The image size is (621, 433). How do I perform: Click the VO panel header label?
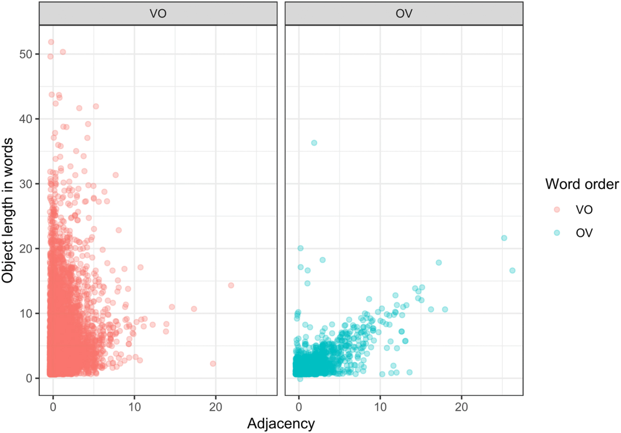(158, 14)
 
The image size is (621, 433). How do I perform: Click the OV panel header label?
(404, 14)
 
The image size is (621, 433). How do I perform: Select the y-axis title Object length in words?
(8, 210)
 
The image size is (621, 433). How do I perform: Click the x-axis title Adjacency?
(281, 424)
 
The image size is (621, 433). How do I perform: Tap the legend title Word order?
(582, 184)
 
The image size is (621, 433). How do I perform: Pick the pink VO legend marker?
(556, 209)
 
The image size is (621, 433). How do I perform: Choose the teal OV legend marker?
(556, 233)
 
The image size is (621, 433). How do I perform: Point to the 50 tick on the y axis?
(26, 54)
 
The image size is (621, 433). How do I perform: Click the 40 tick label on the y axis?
(26, 119)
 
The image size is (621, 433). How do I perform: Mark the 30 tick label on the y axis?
(26, 184)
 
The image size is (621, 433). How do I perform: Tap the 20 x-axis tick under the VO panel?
(216, 407)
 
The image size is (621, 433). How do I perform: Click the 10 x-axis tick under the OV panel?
(380, 407)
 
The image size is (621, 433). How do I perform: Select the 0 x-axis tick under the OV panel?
(299, 407)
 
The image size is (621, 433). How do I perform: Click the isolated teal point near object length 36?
(314, 143)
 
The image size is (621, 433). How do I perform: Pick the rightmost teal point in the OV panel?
(512, 270)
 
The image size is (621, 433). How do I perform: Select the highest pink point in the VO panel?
(51, 42)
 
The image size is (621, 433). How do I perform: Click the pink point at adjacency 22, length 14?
(231, 285)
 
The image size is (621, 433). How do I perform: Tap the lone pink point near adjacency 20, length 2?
(213, 363)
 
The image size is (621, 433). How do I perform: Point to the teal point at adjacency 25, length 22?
(504, 238)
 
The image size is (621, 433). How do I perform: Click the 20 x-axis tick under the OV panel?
(461, 407)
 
